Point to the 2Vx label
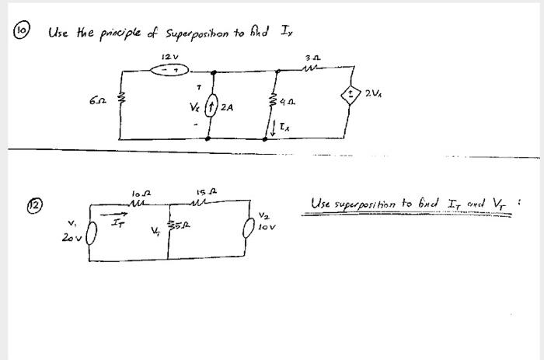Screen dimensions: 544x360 (x=372, y=94)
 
